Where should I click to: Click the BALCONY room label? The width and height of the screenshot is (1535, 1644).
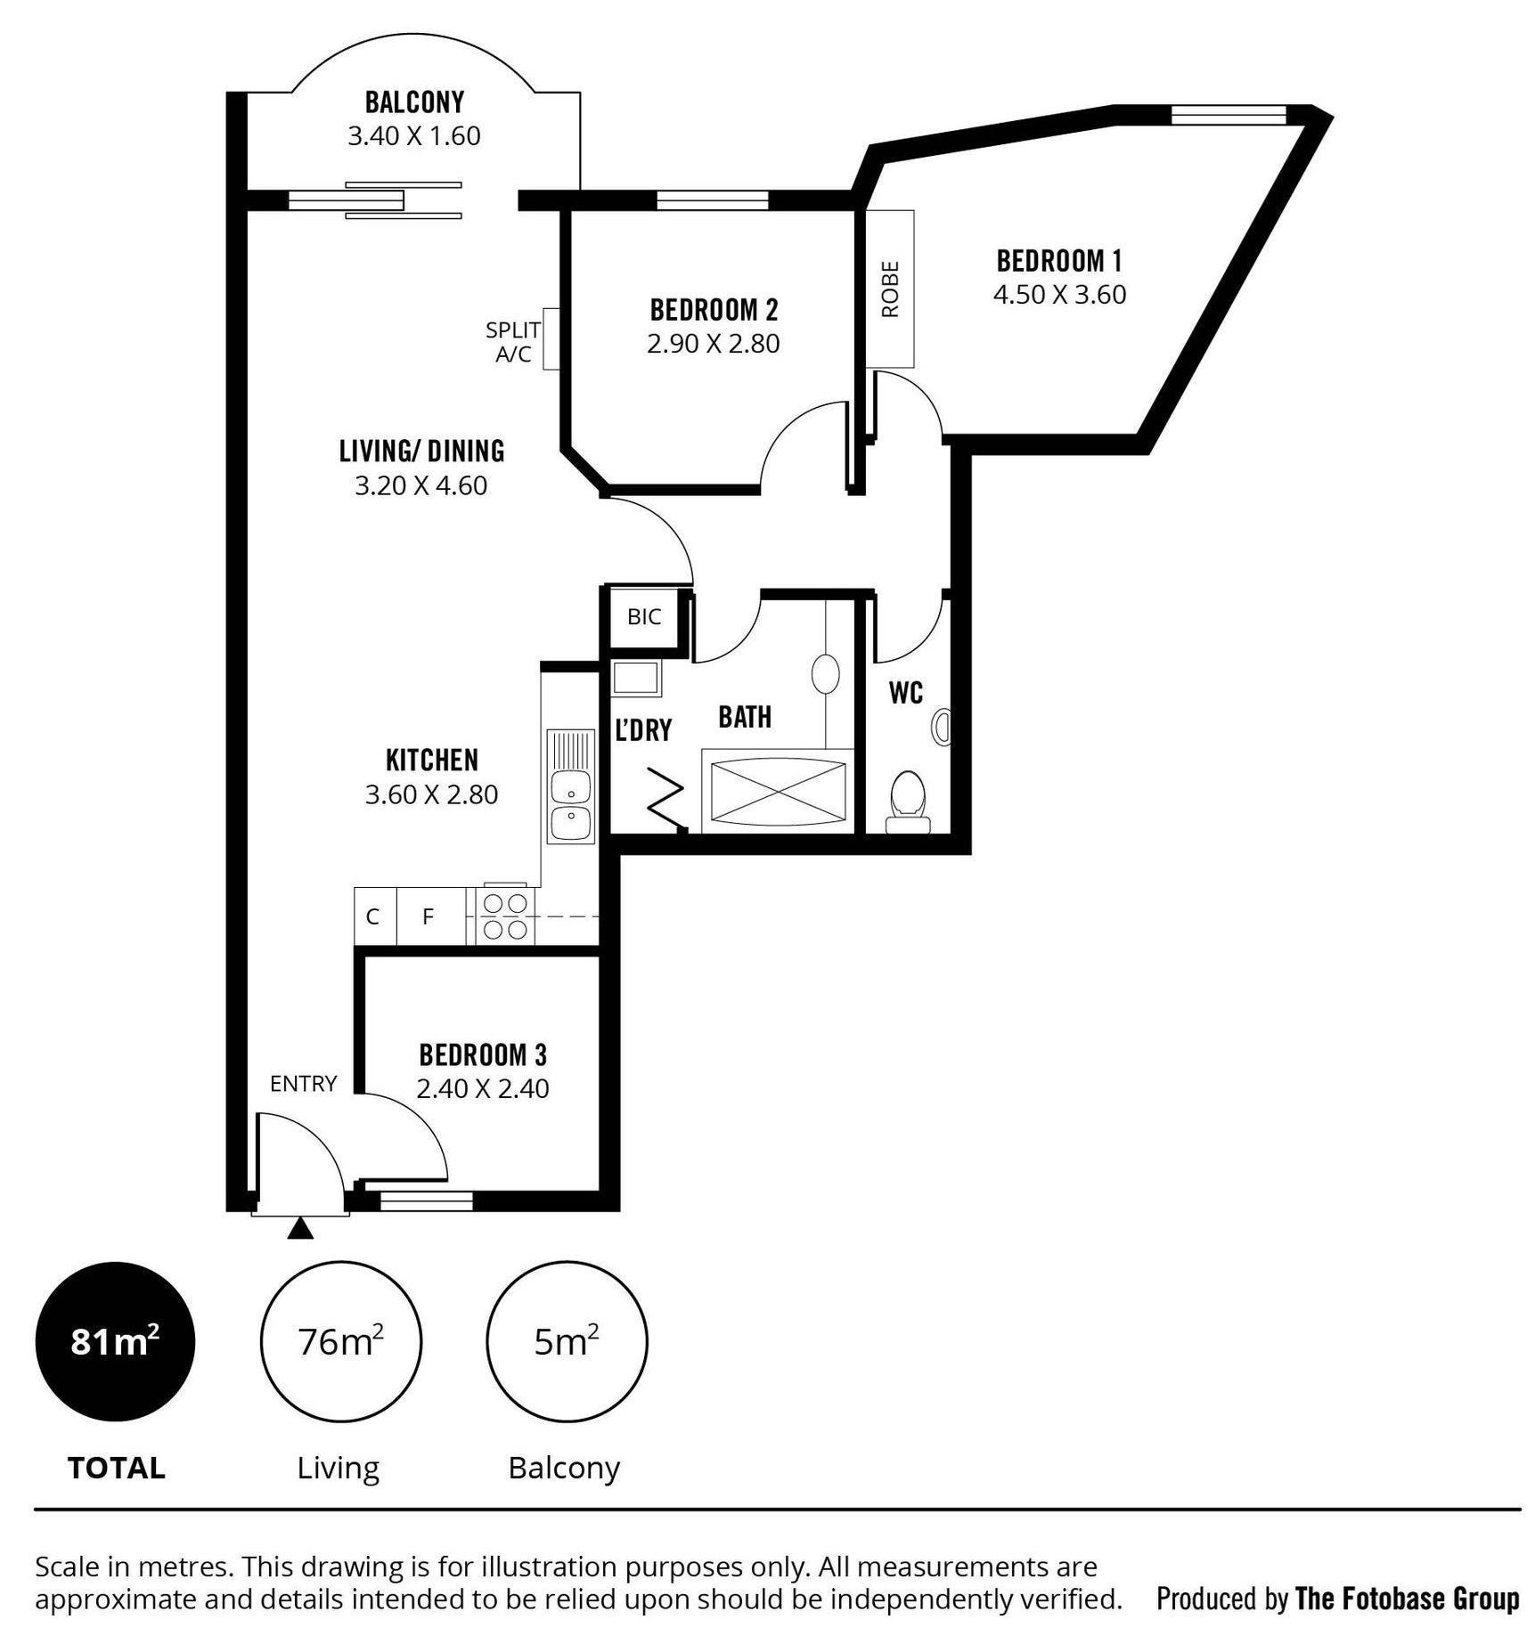tap(414, 102)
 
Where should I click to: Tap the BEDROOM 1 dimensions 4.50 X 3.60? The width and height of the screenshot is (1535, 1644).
tap(1059, 295)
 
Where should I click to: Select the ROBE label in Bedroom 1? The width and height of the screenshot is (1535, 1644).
tap(890, 289)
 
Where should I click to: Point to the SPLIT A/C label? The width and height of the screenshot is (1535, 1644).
tap(513, 342)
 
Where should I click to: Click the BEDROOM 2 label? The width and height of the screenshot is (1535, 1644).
tap(714, 310)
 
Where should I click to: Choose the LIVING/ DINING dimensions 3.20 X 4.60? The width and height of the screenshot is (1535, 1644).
tap(421, 486)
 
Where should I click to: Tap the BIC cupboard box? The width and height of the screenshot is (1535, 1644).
tap(644, 617)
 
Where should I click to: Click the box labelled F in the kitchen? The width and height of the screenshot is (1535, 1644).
tap(429, 916)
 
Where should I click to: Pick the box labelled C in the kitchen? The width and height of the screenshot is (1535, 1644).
tap(374, 916)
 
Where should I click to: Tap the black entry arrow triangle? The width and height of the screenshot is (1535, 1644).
tap(301, 1229)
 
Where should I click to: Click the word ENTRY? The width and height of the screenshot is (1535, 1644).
tap(304, 1084)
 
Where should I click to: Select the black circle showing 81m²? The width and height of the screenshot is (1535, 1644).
tap(115, 1341)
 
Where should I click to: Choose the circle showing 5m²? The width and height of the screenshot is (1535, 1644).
tap(567, 1341)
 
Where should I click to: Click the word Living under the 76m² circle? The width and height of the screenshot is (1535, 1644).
tap(339, 1469)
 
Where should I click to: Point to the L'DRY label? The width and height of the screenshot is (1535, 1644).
tap(643, 730)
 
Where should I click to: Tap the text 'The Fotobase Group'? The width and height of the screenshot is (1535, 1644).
tap(1408, 1599)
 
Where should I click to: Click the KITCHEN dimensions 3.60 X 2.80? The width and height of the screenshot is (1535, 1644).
tap(431, 794)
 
